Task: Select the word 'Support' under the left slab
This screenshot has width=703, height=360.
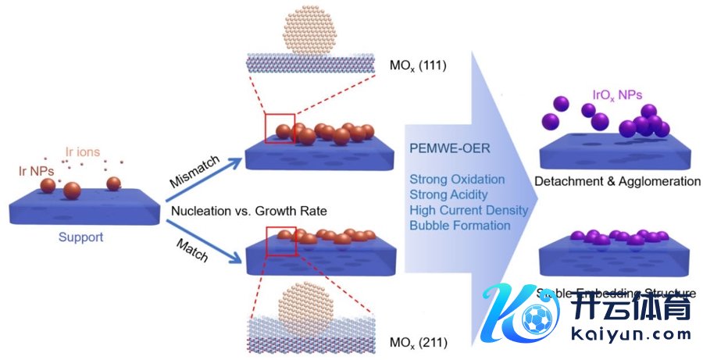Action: coord(80,237)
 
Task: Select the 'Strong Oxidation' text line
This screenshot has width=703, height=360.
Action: coord(457,180)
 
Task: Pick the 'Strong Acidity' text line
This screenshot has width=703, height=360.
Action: coord(448,194)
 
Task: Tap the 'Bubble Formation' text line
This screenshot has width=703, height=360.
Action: coord(459,226)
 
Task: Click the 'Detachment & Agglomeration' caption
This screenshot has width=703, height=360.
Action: coord(617,182)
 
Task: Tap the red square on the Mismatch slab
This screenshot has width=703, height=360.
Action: coord(280,127)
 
